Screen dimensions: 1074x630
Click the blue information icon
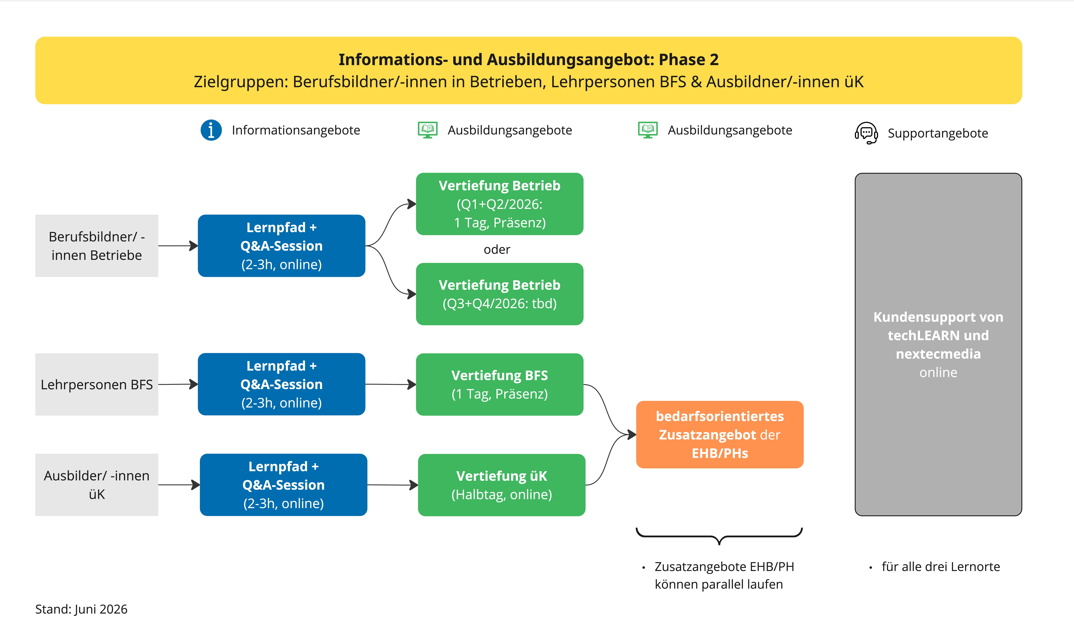pyautogui.click(x=211, y=130)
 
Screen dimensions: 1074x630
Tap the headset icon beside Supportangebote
pyautogui.click(x=866, y=133)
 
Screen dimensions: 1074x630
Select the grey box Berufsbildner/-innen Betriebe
pyautogui.click(x=97, y=246)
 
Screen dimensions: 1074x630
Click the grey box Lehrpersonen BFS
pyautogui.click(x=97, y=384)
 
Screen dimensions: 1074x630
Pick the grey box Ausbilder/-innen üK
pyautogui.click(x=97, y=485)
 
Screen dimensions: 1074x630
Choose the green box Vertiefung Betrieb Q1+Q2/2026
pyautogui.click(x=499, y=204)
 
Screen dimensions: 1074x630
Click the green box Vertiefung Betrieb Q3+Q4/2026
pyautogui.click(x=499, y=294)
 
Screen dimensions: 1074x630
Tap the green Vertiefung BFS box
pyautogui.click(x=499, y=384)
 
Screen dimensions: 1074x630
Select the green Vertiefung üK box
pyautogui.click(x=502, y=485)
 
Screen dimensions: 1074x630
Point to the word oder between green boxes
pyautogui.click(x=497, y=249)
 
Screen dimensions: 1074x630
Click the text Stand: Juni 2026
pyautogui.click(x=81, y=609)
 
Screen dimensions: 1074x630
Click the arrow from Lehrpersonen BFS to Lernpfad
pyautogui.click(x=178, y=384)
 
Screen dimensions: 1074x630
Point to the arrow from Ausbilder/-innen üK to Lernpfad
pyautogui.click(x=179, y=485)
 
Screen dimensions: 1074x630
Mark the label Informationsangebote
pyautogui.click(x=296, y=130)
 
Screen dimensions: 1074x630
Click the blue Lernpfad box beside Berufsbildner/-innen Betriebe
pyautogui.click(x=281, y=246)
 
